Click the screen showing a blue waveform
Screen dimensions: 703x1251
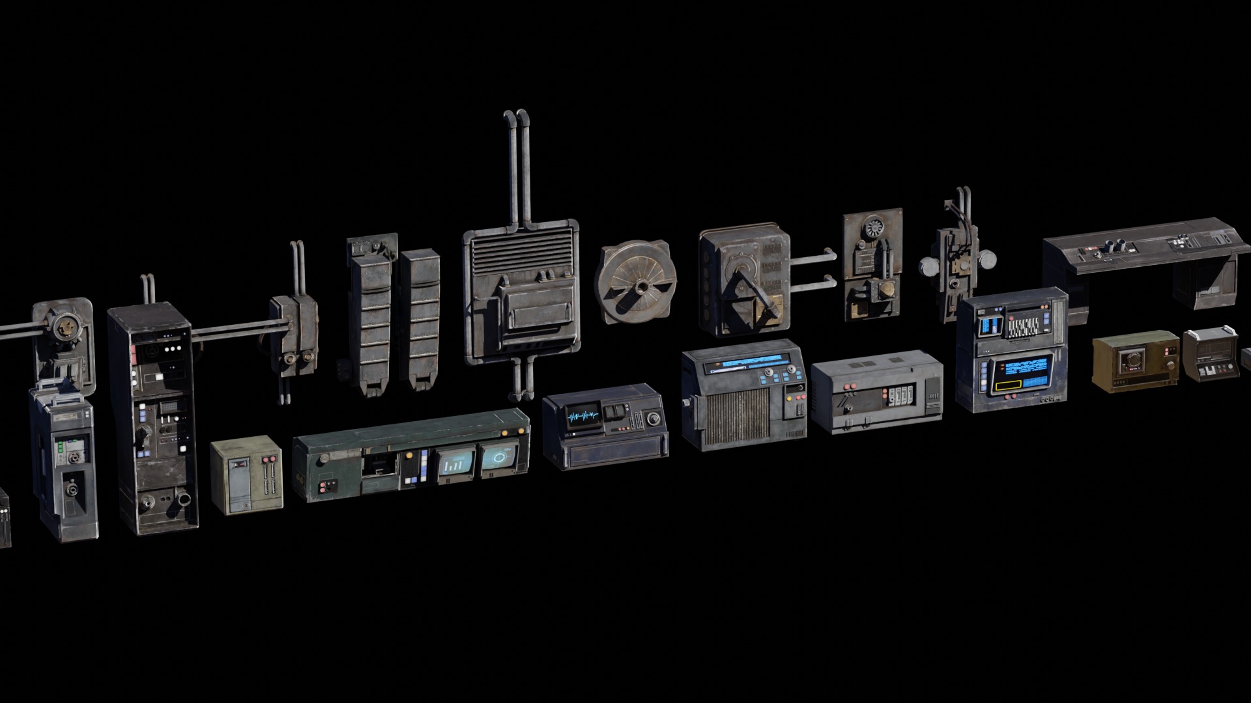pyautogui.click(x=582, y=415)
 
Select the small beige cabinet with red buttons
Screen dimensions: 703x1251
pyautogui.click(x=246, y=475)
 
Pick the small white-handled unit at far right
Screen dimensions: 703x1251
pyautogui.click(x=1210, y=354)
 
